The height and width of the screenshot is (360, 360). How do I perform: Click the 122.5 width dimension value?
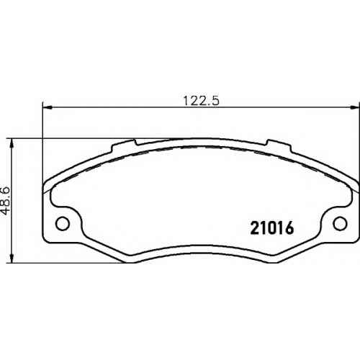pyautogui.click(x=202, y=101)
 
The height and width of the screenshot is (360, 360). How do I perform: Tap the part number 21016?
pyautogui.click(x=272, y=228)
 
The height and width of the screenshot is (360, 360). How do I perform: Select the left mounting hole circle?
pyautogui.click(x=63, y=223)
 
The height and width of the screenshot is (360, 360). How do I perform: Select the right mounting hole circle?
pyautogui.click(x=340, y=223)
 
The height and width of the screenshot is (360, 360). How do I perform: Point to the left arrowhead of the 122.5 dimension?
pyautogui.click(x=48, y=107)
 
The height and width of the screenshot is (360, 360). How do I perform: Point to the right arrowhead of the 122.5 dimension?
pyautogui.click(x=355, y=107)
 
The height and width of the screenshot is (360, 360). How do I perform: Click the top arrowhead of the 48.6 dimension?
pyautogui.click(x=12, y=143)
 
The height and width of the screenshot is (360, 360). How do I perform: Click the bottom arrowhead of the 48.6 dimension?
pyautogui.click(x=12, y=258)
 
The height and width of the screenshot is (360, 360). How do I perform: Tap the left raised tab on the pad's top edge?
pyautogui.click(x=124, y=145)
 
